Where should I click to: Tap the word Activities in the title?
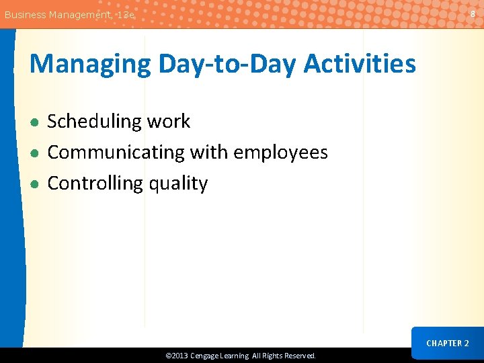coord(360,65)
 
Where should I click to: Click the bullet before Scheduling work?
coord(34,122)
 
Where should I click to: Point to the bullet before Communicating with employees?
coord(34,153)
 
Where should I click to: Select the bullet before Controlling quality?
coord(34,184)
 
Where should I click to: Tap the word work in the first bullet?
coord(169,122)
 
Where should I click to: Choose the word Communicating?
coord(116,153)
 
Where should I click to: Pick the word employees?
coord(280,153)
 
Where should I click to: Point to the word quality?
coord(178,184)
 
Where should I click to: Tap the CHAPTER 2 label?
coord(448,344)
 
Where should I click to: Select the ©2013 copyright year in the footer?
coord(177,356)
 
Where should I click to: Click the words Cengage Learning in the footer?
coord(220,356)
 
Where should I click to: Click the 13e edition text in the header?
coord(126,14)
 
